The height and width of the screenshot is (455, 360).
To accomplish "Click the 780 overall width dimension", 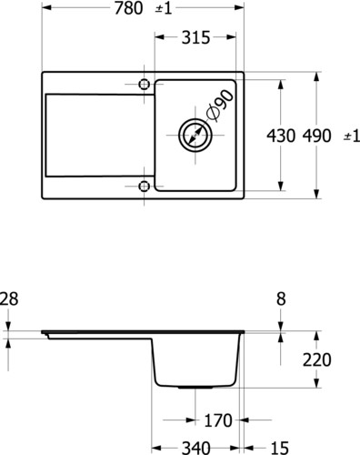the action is (128, 8).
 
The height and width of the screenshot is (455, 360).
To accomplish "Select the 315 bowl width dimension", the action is (195, 37).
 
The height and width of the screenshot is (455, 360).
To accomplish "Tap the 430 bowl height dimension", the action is (281, 136).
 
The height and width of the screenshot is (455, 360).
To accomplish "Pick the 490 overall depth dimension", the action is (316, 136).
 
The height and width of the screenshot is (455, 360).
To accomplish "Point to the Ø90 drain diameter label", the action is (220, 105).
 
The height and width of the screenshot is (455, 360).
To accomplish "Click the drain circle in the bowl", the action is (195, 135).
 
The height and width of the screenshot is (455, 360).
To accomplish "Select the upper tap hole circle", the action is (144, 84).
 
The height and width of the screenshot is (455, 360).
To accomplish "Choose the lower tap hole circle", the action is (144, 186).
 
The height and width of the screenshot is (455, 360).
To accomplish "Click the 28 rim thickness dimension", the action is (9, 298).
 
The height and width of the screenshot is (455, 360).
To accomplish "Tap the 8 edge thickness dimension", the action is (281, 298).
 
